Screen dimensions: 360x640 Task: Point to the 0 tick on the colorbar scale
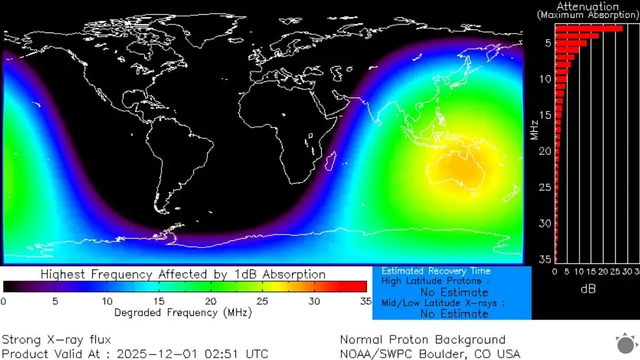5,300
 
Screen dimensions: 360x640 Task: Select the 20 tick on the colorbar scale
210,300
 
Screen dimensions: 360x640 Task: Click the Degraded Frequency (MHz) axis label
183,313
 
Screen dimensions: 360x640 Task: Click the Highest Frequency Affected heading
183,273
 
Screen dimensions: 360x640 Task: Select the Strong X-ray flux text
49,339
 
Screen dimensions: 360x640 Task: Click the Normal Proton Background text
422,339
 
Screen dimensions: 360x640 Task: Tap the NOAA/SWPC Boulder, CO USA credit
430,353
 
